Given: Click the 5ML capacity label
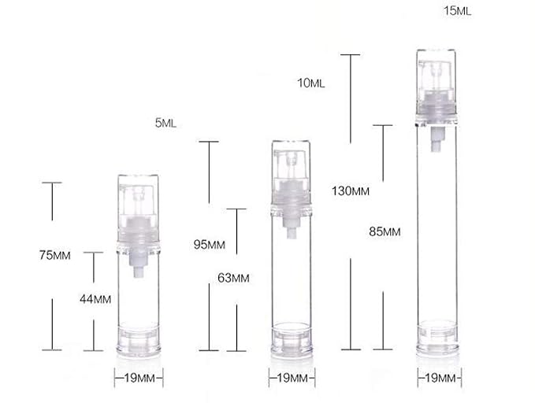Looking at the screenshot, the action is click(165, 123).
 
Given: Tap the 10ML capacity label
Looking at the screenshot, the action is click(310, 83).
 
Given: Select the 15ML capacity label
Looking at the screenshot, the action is click(457, 11).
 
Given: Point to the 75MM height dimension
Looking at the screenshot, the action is click(55, 255).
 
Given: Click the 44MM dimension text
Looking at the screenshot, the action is click(95, 299).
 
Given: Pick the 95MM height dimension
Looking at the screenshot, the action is click(210, 245).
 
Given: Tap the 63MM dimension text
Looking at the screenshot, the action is click(233, 278).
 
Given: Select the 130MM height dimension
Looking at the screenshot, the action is click(351, 191).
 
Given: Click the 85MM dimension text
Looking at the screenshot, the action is click(385, 232).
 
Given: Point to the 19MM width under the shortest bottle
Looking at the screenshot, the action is click(139, 378).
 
